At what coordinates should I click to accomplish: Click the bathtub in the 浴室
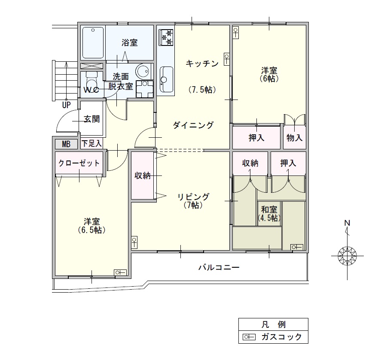pyautogui.click(x=93, y=43)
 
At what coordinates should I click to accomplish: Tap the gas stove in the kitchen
pyautogui.click(x=166, y=37)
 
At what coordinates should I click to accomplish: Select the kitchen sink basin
pyautogui.click(x=166, y=79)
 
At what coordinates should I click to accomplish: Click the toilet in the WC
pyautogui.click(x=91, y=82)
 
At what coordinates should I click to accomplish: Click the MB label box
pyautogui.click(x=66, y=144)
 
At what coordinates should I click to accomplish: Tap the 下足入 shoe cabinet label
pyautogui.click(x=91, y=143)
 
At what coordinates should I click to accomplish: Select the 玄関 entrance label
pyautogui.click(x=91, y=119)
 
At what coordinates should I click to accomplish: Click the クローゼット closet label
pyautogui.click(x=79, y=163)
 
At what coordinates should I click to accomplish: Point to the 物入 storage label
pyautogui.click(x=294, y=138)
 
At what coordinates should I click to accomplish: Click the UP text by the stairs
pyautogui.click(x=66, y=105)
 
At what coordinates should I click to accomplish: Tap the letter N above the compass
pyautogui.click(x=347, y=223)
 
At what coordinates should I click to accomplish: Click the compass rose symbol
pyautogui.click(x=347, y=256)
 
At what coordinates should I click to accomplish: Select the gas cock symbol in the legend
pyautogui.click(x=249, y=337)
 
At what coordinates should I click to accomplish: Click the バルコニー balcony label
pyautogui.click(x=219, y=267)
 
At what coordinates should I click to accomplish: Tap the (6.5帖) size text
pyautogui.click(x=91, y=230)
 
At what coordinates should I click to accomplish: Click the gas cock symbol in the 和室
pyautogui.click(x=297, y=247)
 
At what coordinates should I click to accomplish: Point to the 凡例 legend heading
pyautogui.click(x=273, y=324)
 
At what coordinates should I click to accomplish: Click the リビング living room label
pyautogui.click(x=193, y=197)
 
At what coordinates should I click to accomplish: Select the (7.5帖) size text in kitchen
pyautogui.click(x=202, y=90)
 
